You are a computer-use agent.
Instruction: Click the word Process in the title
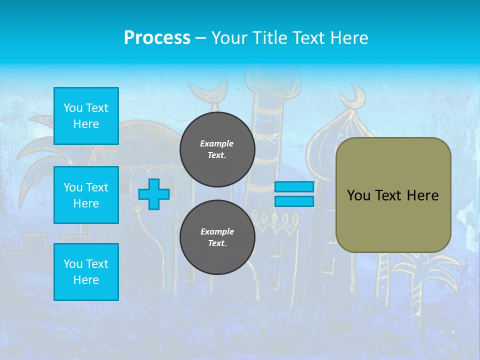click(157, 38)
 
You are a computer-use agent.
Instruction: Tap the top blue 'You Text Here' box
click(86, 116)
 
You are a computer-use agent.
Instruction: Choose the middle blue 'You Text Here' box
click(86, 195)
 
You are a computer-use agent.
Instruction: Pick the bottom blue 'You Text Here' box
click(86, 271)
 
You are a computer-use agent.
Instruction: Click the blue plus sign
click(154, 194)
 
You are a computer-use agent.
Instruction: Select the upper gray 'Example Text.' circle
click(217, 149)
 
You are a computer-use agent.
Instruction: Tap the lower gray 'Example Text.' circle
click(217, 237)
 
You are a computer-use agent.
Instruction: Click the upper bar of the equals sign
click(294, 186)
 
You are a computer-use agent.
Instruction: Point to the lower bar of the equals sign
click(294, 201)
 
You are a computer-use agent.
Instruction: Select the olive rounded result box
click(393, 195)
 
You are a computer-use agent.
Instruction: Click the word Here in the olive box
click(422, 195)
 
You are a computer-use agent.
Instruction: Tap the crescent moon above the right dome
click(358, 94)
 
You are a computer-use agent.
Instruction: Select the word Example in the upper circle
click(217, 143)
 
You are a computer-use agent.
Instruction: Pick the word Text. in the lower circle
click(217, 243)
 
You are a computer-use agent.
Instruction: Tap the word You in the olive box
click(358, 195)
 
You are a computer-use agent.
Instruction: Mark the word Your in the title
click(229, 38)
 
